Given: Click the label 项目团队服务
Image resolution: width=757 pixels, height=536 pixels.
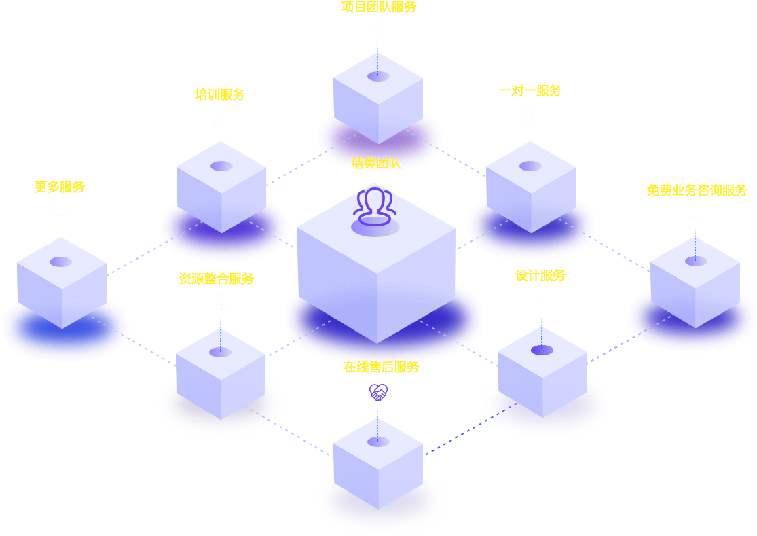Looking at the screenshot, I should (378, 7).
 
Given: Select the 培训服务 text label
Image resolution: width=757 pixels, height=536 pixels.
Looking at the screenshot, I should (220, 95).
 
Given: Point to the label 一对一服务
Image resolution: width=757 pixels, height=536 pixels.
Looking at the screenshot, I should (530, 91).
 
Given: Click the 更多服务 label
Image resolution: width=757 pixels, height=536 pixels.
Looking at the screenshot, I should (60, 187).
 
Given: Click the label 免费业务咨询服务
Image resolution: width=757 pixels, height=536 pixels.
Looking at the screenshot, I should (697, 191).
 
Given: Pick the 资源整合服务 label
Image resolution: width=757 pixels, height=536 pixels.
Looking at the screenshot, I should (217, 279).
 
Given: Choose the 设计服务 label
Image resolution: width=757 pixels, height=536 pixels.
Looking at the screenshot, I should (540, 276).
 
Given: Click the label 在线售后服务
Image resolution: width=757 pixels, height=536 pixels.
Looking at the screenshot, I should (381, 368).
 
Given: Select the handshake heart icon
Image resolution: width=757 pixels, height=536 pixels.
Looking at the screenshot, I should (378, 392).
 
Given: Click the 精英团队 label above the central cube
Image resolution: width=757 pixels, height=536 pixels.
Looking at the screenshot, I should (375, 163).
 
